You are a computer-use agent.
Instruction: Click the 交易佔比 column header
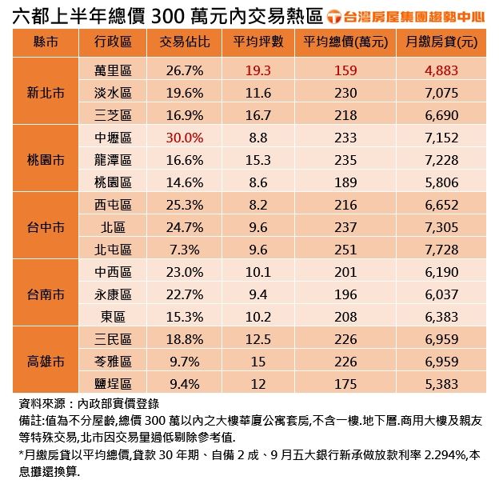[186, 42]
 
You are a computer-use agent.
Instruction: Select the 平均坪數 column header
[258, 42]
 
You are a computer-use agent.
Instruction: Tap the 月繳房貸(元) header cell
[442, 42]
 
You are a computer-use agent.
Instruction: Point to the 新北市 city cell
[46, 93]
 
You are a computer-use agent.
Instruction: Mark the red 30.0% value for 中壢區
[186, 138]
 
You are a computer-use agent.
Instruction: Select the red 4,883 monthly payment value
[442, 70]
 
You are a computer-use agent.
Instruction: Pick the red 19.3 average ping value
[258, 70]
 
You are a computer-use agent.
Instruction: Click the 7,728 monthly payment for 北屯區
[442, 250]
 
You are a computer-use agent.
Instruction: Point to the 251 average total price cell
[345, 250]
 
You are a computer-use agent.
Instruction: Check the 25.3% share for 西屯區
[186, 205]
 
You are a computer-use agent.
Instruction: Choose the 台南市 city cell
[46, 294]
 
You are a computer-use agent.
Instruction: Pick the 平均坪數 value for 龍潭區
[258, 160]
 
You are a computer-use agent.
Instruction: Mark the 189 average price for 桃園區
[345, 182]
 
